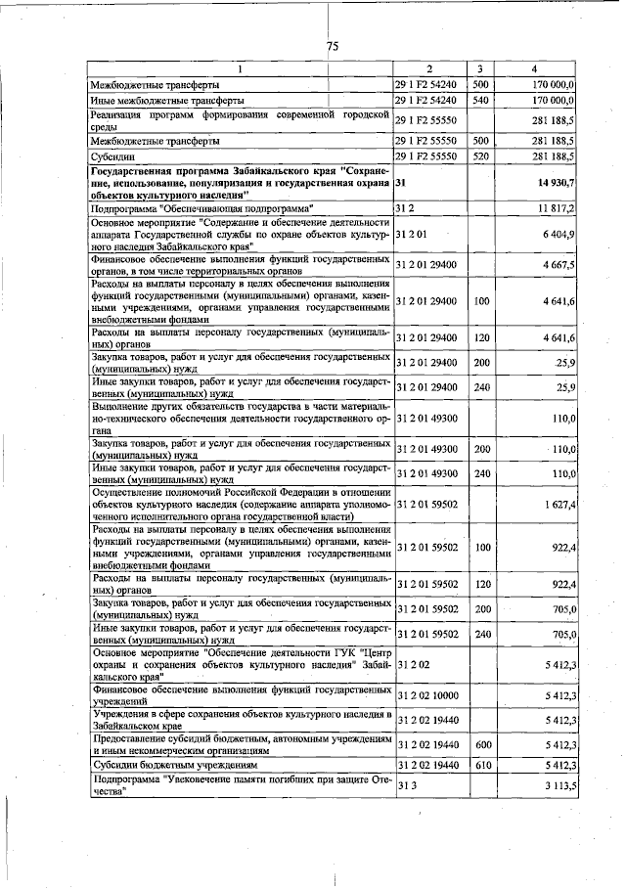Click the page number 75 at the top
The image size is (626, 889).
point(332,47)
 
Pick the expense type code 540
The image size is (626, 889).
point(479,100)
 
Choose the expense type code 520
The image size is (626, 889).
point(479,156)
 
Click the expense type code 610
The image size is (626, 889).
point(479,765)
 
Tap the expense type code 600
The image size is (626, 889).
point(479,745)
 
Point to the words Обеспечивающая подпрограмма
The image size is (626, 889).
point(240,209)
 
